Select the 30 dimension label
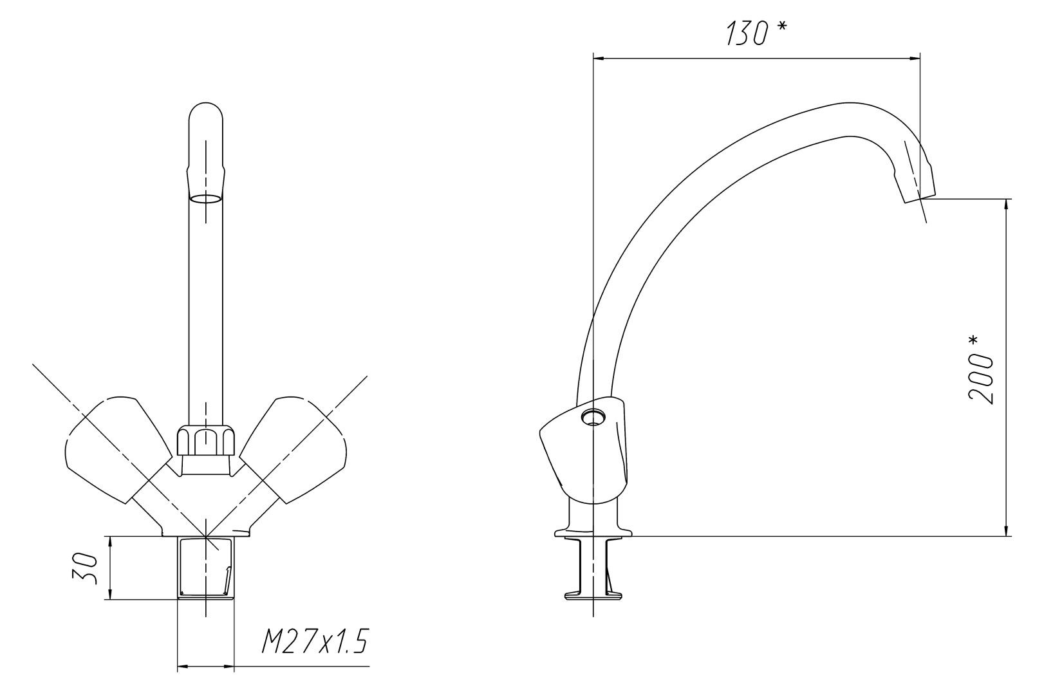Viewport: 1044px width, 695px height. tap(85, 570)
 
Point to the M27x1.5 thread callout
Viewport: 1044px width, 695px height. tap(315, 641)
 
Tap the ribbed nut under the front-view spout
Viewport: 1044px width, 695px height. tap(206, 441)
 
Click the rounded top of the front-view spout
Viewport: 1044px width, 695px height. tap(206, 112)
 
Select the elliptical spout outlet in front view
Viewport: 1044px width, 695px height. tap(206, 199)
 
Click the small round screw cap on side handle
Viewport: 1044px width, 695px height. tap(592, 416)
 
